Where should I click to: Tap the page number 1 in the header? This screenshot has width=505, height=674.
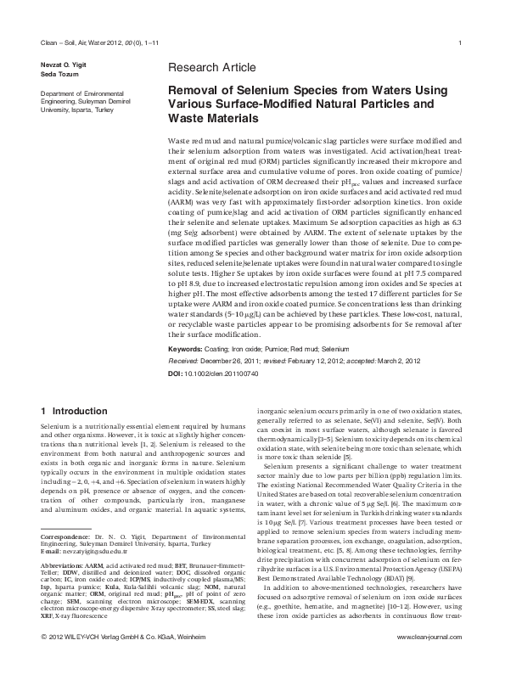tap(459, 43)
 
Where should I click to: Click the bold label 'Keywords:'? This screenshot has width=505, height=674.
tap(184, 349)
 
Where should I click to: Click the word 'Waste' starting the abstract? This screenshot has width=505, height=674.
tap(180, 139)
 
